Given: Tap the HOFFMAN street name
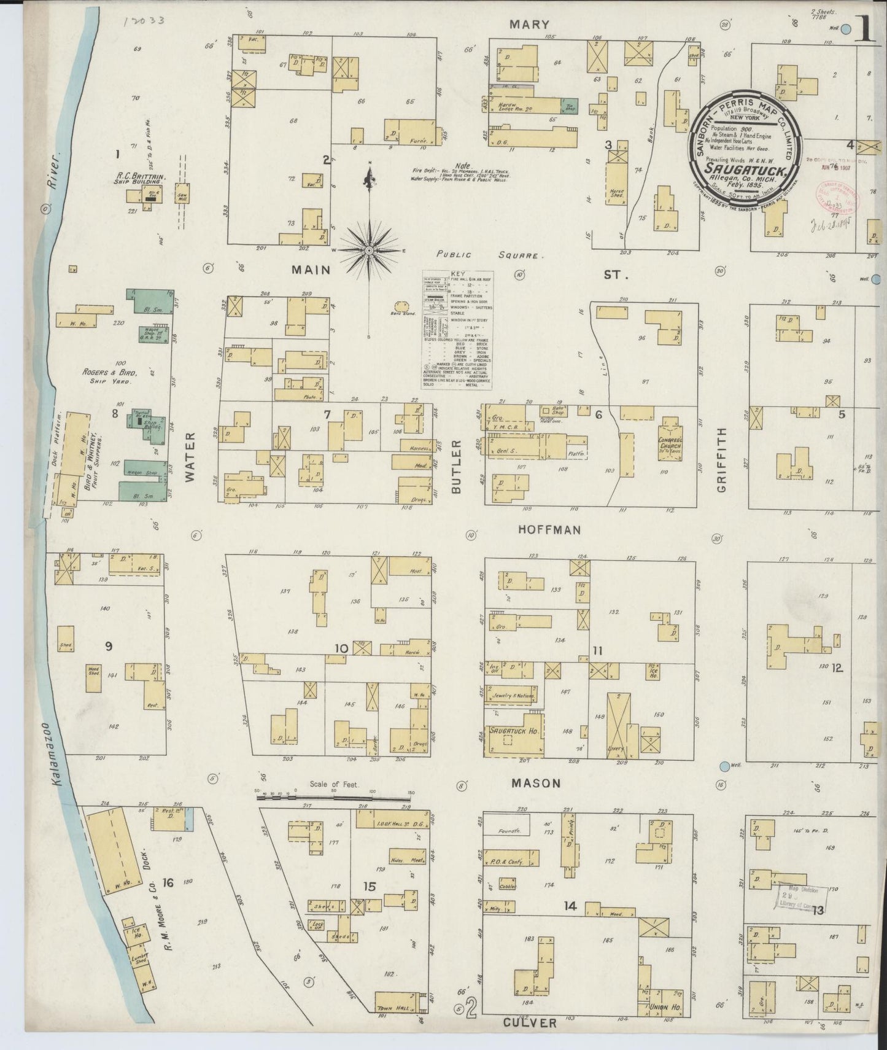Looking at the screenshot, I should [549, 529].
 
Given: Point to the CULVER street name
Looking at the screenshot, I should [530, 1023].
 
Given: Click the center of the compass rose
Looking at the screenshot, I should [368, 251].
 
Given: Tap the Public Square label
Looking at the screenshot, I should [490, 255].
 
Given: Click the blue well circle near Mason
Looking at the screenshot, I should [725, 766].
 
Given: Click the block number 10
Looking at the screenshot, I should [341, 648].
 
